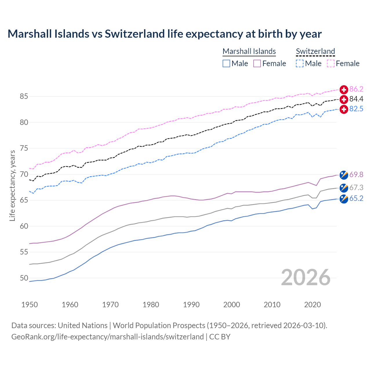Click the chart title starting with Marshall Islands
point(165,34)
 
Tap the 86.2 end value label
point(356,89)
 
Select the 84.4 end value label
point(356,99)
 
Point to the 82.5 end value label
point(356,109)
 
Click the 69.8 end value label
point(356,174)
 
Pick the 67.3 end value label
point(356,188)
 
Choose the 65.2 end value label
point(356,199)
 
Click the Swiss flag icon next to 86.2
point(344,90)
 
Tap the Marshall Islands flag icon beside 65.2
point(344,199)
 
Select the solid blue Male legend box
point(226,63)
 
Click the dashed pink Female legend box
point(331,63)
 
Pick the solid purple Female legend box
point(257,63)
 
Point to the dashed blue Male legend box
point(300,63)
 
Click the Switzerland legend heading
point(315,51)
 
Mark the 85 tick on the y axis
point(24,97)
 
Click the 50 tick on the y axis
point(24,278)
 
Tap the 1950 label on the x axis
point(30,305)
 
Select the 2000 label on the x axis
point(232,305)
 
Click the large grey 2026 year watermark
point(306,278)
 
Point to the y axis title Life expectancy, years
point(12,185)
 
